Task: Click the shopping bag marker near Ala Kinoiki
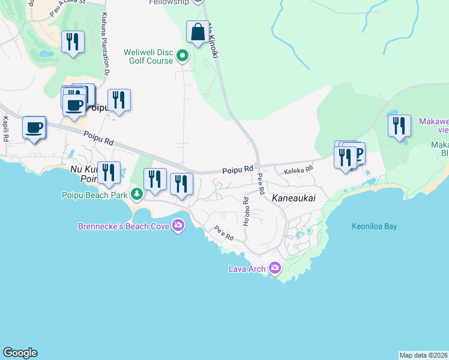pos(197,32)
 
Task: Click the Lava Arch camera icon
pos(275,268)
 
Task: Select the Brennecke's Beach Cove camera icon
pos(178,226)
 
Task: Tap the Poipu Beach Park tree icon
pos(137,194)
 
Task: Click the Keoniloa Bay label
pos(374,227)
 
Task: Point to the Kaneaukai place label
pos(294,197)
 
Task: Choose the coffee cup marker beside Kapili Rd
pos(34,128)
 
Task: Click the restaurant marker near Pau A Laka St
pos(73,42)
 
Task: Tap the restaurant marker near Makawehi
pos(399,126)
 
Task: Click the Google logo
pos(20,353)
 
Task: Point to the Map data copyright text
pos(423,355)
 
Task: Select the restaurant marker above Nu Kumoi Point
pos(109,173)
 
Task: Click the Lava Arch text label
pos(247,269)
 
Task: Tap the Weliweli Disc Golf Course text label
pos(148,56)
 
